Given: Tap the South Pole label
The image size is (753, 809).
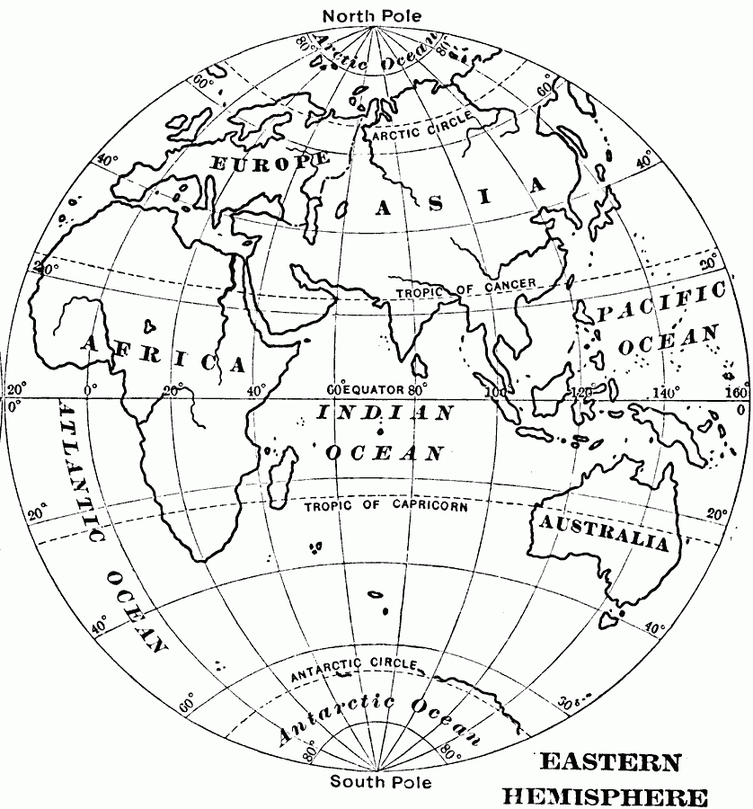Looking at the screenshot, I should pos(380,781).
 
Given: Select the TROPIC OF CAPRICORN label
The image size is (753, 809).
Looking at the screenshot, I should pos(385,505).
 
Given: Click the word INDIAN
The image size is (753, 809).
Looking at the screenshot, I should pos(385,414).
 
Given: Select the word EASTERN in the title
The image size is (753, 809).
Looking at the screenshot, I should pos(609,763).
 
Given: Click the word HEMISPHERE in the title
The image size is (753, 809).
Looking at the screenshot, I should pos(605,795).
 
